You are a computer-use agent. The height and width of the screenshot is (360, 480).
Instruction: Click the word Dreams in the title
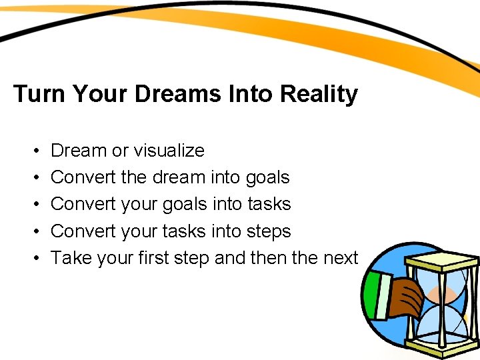178,94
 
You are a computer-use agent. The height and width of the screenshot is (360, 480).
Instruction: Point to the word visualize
168,151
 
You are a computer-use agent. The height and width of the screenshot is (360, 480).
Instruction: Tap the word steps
269,231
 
